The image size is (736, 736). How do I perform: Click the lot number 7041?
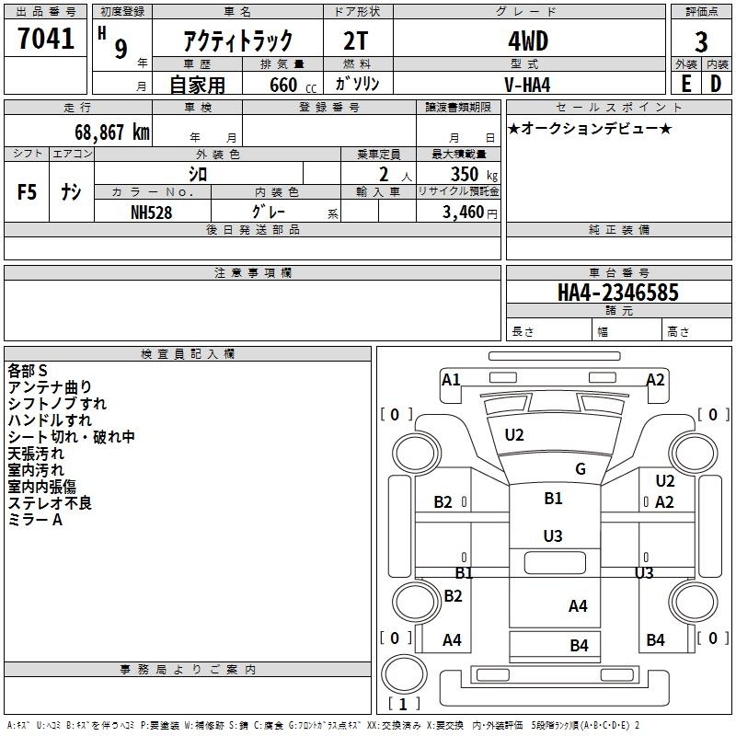point(46,38)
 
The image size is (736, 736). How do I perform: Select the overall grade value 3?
point(701,41)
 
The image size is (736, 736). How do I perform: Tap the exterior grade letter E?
point(686,84)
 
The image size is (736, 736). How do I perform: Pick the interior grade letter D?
point(716,84)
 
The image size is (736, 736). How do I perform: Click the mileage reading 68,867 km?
point(111,132)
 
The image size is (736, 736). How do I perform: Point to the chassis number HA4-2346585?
point(618,293)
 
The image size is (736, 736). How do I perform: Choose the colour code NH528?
point(151,213)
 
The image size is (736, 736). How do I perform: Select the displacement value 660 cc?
point(293,86)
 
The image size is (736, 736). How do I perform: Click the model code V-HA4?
point(527,85)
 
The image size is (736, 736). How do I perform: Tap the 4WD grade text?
point(528,41)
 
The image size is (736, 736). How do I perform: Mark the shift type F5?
point(27,192)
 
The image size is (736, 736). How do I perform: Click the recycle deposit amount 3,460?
point(464,213)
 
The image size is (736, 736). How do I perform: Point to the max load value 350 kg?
point(474,174)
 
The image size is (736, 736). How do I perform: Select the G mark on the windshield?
point(581,468)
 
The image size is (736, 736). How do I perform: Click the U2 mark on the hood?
point(514,435)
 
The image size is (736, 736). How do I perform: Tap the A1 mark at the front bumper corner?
point(451,379)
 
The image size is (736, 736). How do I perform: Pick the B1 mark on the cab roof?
point(554,498)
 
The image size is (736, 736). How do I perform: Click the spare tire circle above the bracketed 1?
point(404,674)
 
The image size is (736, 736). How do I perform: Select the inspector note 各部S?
point(28,371)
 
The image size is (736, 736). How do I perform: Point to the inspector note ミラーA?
point(35,520)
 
